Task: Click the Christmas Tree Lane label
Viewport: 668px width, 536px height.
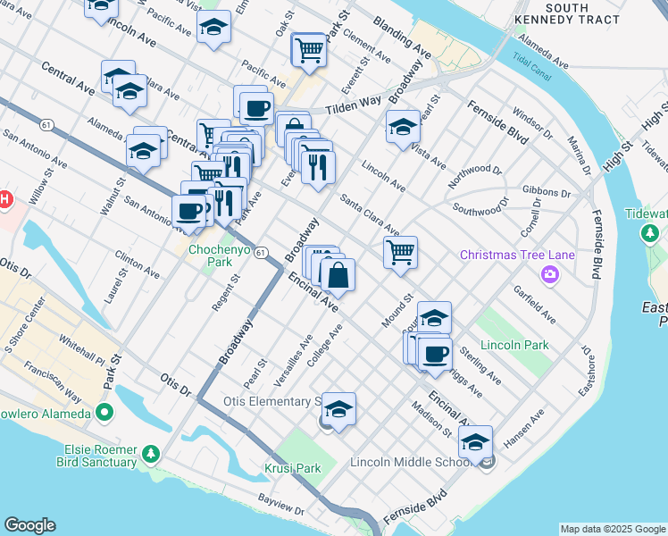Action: tap(517, 255)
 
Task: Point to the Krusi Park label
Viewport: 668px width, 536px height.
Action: tap(292, 468)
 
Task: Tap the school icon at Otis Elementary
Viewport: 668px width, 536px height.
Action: tap(338, 409)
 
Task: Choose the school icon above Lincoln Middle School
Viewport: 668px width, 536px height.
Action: tap(475, 442)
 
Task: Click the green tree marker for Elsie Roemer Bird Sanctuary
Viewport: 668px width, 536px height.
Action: tap(151, 455)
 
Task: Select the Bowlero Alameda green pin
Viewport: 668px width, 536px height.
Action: tap(105, 413)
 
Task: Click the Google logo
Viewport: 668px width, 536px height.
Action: tap(29, 525)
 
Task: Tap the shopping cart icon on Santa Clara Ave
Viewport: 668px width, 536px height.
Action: tap(401, 252)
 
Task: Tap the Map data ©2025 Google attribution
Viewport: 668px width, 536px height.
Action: tap(612, 529)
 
